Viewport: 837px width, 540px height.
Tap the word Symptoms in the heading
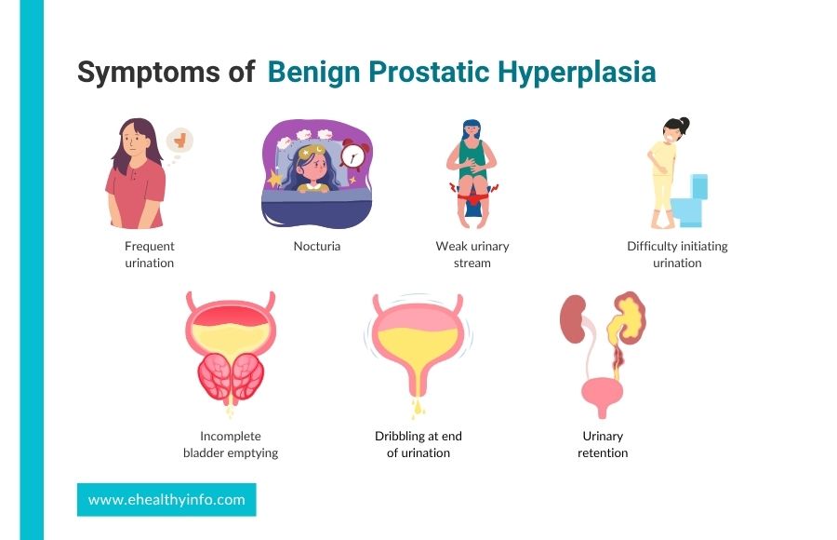[x=150, y=73]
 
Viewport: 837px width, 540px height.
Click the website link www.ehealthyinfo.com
[x=166, y=500]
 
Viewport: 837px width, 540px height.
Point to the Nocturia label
[x=316, y=246]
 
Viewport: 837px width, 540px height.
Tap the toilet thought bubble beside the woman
[x=179, y=142]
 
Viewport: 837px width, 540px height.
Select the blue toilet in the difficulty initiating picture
[x=690, y=201]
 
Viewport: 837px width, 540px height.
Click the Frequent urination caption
[x=150, y=254]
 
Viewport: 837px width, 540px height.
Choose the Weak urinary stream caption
[x=472, y=254]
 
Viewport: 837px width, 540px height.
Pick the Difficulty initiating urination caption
[x=677, y=254]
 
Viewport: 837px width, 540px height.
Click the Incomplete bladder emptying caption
[x=231, y=444]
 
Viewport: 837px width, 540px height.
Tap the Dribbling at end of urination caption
[x=418, y=444]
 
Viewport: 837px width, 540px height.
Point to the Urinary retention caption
[x=603, y=444]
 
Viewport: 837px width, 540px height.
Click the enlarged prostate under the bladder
[x=231, y=376]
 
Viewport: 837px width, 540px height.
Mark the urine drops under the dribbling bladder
[x=418, y=408]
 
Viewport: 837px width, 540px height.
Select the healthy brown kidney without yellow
[x=573, y=318]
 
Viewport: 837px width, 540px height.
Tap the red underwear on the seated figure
[x=472, y=197]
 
